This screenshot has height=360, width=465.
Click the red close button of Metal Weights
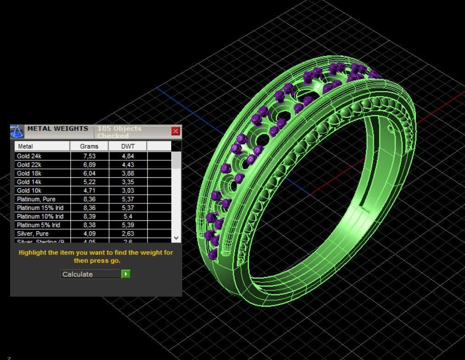175,131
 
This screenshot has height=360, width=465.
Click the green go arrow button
126,274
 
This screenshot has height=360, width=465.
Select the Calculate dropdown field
90,274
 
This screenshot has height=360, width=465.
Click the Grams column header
89,146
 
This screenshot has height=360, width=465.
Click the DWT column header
128,146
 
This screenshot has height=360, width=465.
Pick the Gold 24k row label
29,156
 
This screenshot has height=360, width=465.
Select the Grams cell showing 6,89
89,165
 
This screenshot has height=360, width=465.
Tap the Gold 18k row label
29,174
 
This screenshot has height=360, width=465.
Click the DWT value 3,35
128,182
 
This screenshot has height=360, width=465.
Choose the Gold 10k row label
29,191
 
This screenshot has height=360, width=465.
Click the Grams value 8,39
89,216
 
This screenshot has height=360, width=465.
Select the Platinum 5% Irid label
39,225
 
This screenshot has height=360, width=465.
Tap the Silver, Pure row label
33,234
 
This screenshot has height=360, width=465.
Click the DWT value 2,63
128,234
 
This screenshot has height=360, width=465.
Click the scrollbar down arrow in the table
177,238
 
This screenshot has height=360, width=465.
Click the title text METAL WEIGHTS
57,129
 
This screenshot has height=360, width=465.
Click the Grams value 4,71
89,191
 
